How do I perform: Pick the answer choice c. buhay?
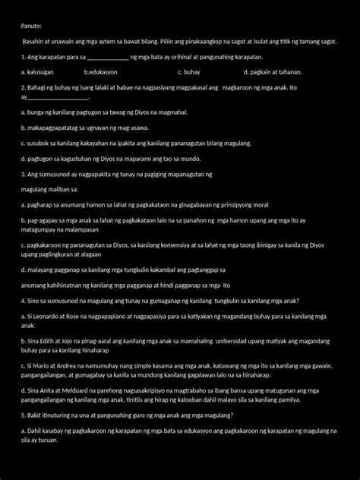[x=188, y=72]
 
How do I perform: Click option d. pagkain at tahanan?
[x=273, y=72]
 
